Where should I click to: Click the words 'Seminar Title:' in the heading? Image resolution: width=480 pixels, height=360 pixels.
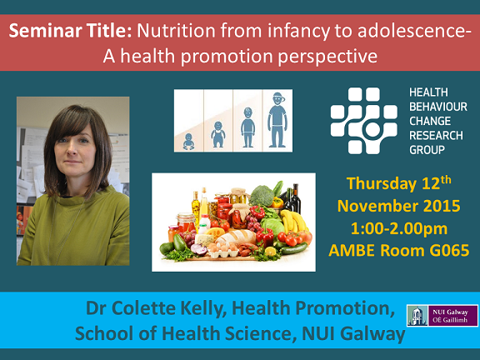pyautogui.click(x=70, y=31)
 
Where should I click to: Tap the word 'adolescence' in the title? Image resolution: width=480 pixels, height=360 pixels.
pyautogui.click(x=410, y=31)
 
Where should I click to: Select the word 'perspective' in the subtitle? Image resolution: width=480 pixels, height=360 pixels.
pyautogui.click(x=327, y=57)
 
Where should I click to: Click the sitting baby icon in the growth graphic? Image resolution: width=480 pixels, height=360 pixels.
pyautogui.click(x=188, y=142)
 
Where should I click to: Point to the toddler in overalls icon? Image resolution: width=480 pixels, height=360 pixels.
pyautogui.click(x=218, y=135)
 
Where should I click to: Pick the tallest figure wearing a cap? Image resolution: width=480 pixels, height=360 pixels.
pyautogui.click(x=277, y=120)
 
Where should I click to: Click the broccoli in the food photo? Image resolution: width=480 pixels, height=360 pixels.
pyautogui.click(x=261, y=196)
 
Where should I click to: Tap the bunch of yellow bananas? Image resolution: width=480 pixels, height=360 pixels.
pyautogui.click(x=294, y=221)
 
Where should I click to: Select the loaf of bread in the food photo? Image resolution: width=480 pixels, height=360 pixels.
pyautogui.click(x=236, y=237)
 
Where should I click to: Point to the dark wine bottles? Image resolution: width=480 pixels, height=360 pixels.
pyautogui.click(x=292, y=199)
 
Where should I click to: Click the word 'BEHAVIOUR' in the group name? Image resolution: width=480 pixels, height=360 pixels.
pyautogui.click(x=438, y=107)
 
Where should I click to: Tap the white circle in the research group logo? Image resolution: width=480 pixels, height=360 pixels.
pyautogui.click(x=372, y=129)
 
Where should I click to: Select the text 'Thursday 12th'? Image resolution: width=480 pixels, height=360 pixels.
pyautogui.click(x=399, y=183)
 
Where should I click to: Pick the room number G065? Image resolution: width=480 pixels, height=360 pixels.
pyautogui.click(x=449, y=250)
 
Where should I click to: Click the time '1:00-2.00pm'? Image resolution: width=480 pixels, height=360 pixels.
pyautogui.click(x=399, y=228)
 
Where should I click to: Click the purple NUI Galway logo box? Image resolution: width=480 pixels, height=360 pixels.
pyautogui.click(x=453, y=316)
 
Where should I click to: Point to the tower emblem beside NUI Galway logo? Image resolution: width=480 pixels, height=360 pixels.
pyautogui.click(x=417, y=316)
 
